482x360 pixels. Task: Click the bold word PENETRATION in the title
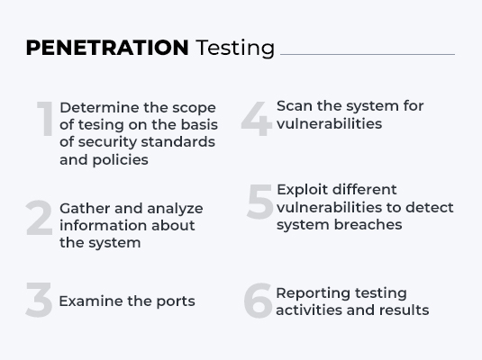pyautogui.click(x=106, y=48)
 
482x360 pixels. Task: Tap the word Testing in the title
pyautogui.click(x=235, y=49)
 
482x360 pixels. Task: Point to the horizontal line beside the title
pyautogui.click(x=367, y=55)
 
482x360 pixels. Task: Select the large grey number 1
pyautogui.click(x=45, y=121)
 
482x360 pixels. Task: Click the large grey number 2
pyautogui.click(x=40, y=219)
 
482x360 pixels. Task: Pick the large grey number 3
pyautogui.click(x=39, y=301)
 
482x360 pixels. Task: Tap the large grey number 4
pyautogui.click(x=257, y=120)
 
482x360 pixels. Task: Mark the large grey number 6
pyautogui.click(x=258, y=302)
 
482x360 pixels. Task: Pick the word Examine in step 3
pyautogui.click(x=88, y=301)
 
